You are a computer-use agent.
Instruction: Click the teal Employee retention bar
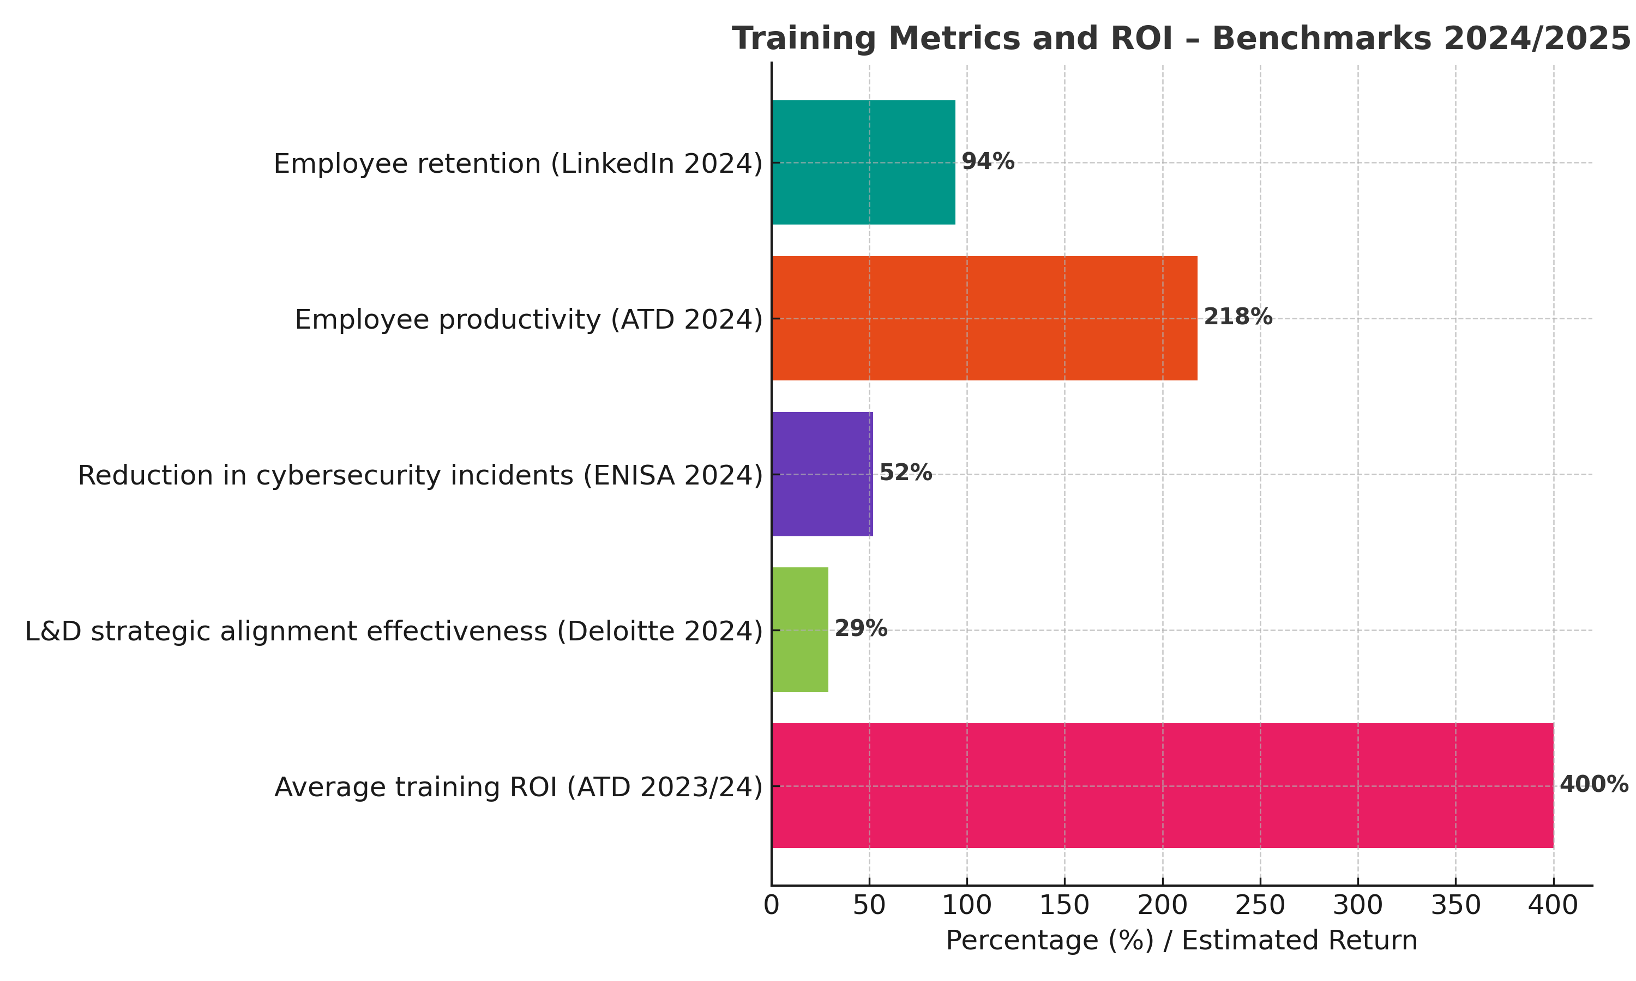(x=863, y=162)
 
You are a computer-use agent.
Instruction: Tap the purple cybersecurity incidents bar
(x=822, y=474)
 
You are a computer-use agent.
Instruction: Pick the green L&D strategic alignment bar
(x=799, y=630)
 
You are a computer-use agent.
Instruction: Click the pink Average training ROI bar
(x=1162, y=786)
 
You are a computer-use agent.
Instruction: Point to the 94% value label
(x=987, y=161)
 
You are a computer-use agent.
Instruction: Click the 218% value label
(x=1237, y=317)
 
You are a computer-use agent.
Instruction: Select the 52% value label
(x=905, y=473)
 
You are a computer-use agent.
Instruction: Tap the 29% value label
(x=861, y=629)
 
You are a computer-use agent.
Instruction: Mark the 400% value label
(x=1593, y=785)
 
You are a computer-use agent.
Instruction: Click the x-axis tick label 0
(x=771, y=906)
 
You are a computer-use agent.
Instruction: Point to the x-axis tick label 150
(x=1064, y=906)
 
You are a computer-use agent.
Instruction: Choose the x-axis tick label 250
(x=1260, y=906)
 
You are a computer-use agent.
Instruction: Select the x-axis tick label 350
(x=1455, y=906)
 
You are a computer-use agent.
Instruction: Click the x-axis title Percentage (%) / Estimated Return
(x=1181, y=941)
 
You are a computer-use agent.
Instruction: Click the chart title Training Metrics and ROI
(x=1181, y=38)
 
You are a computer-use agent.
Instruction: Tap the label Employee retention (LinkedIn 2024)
(x=518, y=164)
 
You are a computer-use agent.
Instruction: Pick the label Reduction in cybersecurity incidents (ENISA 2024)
(x=420, y=476)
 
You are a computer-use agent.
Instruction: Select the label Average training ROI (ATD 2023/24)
(x=519, y=788)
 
